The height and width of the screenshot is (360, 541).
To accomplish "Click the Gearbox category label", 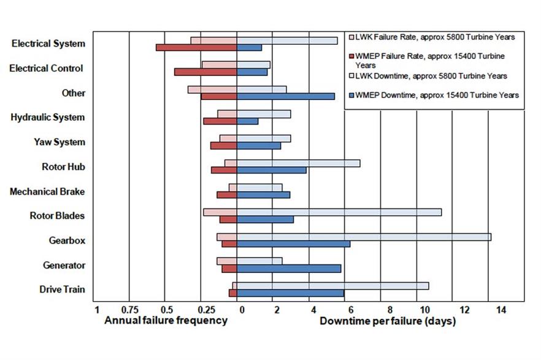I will point(67,240).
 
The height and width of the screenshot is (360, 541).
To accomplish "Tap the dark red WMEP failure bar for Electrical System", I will point(196,47).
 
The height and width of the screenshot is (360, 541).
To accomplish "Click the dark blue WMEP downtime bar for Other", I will point(286,96).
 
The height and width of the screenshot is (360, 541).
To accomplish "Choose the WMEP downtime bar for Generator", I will point(289,268).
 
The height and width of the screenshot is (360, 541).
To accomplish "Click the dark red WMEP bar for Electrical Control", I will point(205,72).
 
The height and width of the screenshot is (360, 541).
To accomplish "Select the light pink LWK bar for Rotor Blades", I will point(220,212).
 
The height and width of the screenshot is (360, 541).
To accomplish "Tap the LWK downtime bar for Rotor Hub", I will point(298,163).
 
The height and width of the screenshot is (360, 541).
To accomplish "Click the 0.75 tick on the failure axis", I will point(129,310).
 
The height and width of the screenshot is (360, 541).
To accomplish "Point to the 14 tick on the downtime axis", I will point(501,310).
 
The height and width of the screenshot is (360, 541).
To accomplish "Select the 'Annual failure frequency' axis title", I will point(166,321).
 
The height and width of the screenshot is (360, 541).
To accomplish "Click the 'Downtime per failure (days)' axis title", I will point(388,321).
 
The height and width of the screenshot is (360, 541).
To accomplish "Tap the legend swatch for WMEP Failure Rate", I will point(351,56).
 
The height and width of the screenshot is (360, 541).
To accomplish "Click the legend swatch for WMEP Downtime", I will point(351,95).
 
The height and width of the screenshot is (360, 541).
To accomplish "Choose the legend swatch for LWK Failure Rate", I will point(351,37).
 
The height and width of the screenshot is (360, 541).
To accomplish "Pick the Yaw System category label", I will point(59,142).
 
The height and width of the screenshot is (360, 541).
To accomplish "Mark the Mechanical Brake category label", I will point(47,191).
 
